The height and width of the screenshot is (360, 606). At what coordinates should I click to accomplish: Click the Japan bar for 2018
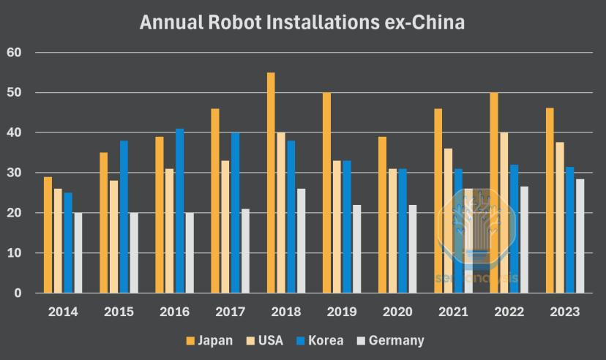click(271, 183)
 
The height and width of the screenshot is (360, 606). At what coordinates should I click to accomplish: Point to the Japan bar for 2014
click(48, 234)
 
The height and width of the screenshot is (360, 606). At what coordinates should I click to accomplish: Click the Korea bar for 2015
click(124, 217)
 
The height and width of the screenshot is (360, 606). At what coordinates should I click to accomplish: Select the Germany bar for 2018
click(302, 241)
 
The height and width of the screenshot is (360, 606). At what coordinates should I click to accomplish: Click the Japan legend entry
click(209, 340)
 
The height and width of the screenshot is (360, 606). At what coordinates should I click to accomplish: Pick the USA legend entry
click(265, 340)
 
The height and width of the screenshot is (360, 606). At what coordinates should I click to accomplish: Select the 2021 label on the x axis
click(453, 312)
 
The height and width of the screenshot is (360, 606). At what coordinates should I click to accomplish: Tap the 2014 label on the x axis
click(63, 312)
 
